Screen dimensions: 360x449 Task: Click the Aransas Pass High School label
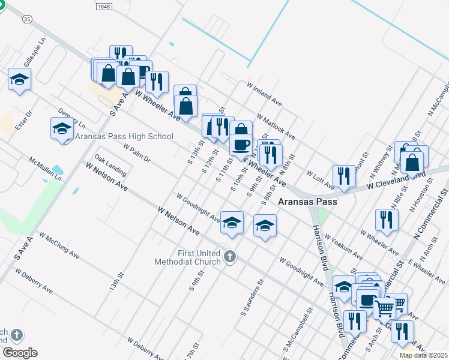(x=125, y=137)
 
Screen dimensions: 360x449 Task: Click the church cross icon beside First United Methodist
(x=229, y=257)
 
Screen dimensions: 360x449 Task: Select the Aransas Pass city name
(x=307, y=202)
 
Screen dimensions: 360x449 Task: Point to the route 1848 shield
(x=104, y=5)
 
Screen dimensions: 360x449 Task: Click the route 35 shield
(x=26, y=19)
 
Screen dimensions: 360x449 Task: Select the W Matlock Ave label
(x=276, y=127)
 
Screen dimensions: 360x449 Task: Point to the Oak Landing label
(x=110, y=167)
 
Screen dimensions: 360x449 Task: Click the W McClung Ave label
(x=59, y=245)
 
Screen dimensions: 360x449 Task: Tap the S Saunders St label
(x=252, y=298)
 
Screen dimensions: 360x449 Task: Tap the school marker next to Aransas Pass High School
(x=62, y=128)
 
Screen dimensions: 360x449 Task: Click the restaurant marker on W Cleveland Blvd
(x=343, y=176)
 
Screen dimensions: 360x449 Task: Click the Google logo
(x=20, y=353)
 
